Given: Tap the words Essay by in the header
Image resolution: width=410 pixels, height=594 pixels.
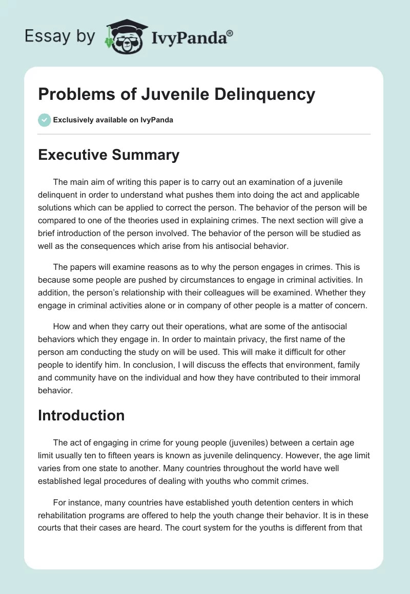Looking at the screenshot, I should pos(60,36).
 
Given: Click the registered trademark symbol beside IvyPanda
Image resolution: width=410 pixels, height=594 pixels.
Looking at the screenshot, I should pos(230,33).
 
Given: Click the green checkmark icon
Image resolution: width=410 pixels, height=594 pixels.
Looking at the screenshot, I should pos(45,120).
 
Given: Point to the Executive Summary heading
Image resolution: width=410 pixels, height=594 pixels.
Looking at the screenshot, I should pos(109,155).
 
